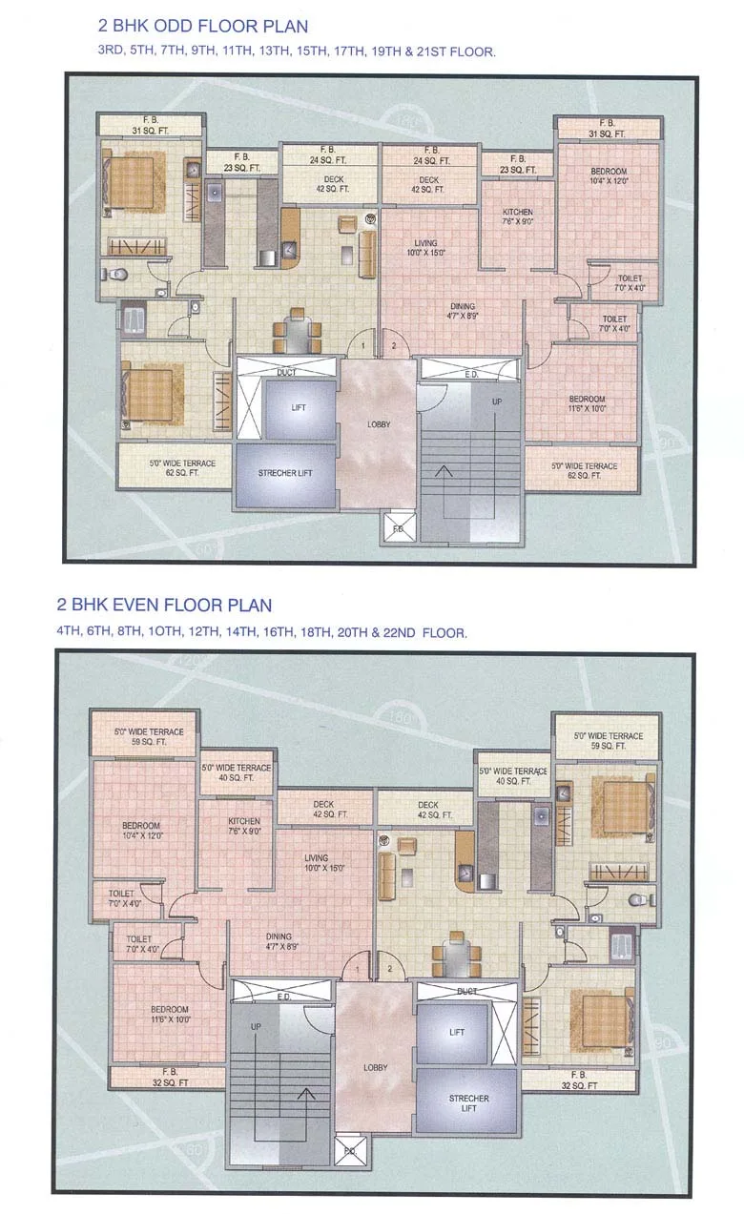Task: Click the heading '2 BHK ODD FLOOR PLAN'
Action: pyautogui.click(x=202, y=26)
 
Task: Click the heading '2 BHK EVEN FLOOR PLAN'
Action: pyautogui.click(x=164, y=605)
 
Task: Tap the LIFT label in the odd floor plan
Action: pyautogui.click(x=299, y=407)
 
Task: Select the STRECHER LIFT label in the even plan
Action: pyautogui.click(x=468, y=1103)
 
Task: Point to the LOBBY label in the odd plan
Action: pyautogui.click(x=377, y=424)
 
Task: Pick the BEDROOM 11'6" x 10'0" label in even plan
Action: pyautogui.click(x=169, y=1014)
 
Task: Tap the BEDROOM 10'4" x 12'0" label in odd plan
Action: pyautogui.click(x=608, y=175)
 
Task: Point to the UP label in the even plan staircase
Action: pyautogui.click(x=256, y=1027)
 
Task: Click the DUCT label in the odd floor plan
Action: pyautogui.click(x=285, y=373)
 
